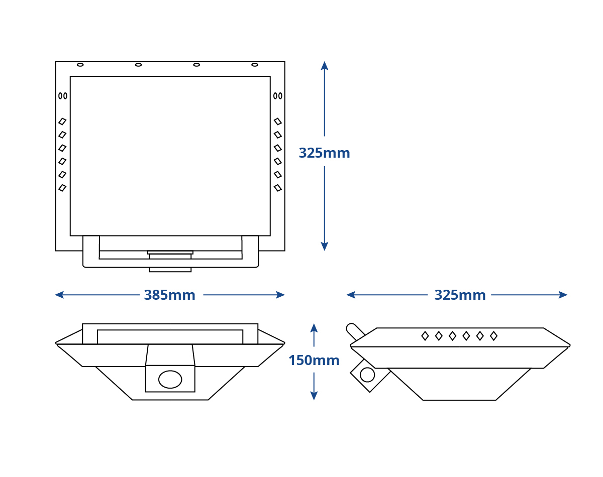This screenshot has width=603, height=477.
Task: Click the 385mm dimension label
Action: [x=169, y=295]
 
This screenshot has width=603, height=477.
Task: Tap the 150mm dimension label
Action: [x=314, y=361]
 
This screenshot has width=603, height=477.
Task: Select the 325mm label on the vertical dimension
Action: [x=324, y=153]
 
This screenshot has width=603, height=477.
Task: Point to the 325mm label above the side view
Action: [x=460, y=295]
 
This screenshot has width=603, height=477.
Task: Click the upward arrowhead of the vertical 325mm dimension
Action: [x=325, y=66]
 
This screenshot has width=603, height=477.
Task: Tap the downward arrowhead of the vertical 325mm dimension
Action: [x=325, y=247]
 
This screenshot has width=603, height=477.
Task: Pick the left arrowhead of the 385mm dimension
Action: [x=59, y=295]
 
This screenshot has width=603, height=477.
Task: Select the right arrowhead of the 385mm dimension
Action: [x=280, y=295]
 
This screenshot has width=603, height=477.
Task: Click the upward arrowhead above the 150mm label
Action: [x=314, y=328]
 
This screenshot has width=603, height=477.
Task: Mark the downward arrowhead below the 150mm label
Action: [x=314, y=396]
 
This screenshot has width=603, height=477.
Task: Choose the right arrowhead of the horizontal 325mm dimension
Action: [x=563, y=295]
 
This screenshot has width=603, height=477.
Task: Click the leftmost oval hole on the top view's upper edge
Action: [x=80, y=65]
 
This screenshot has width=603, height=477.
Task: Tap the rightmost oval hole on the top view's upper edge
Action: [x=255, y=65]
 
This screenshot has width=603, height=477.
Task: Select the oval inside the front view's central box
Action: [x=170, y=380]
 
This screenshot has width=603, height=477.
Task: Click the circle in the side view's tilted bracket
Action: [x=367, y=375]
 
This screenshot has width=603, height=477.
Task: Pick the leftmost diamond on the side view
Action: [x=425, y=336]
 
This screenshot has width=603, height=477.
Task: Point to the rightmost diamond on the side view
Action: [x=494, y=336]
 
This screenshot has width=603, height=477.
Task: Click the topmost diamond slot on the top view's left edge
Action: [x=62, y=122]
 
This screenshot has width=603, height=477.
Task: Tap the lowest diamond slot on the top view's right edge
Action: [x=278, y=188]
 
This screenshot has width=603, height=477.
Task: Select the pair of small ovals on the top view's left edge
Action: [x=63, y=96]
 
